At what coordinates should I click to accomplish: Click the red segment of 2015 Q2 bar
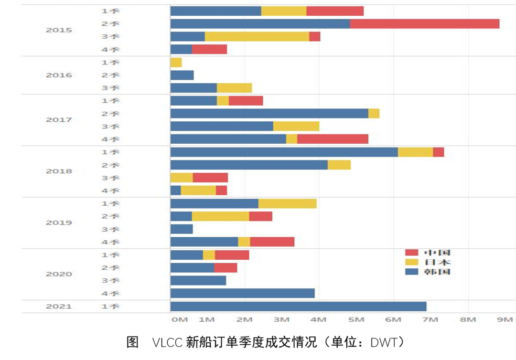pyautogui.click(x=424, y=24)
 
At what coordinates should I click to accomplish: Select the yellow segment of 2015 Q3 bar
pyautogui.click(x=257, y=37)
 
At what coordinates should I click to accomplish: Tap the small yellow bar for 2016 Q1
pyautogui.click(x=176, y=63)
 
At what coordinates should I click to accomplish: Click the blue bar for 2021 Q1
pyautogui.click(x=298, y=307)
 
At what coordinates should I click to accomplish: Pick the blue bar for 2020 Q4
pyautogui.click(x=242, y=293)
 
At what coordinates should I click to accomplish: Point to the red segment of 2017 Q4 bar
pyautogui.click(x=333, y=139)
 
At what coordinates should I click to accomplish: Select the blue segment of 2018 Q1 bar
pyautogui.click(x=284, y=152)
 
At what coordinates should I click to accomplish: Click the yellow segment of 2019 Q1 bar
pyautogui.click(x=287, y=204)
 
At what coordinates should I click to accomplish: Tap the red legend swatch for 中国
pyautogui.click(x=411, y=253)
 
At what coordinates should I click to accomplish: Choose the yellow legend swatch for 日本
pyautogui.click(x=411, y=262)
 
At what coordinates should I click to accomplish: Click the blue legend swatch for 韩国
pyautogui.click(x=411, y=272)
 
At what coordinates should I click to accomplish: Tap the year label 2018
pyautogui.click(x=59, y=171)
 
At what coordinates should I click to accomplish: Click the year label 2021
pyautogui.click(x=59, y=307)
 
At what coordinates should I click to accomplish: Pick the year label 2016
pyautogui.click(x=59, y=75)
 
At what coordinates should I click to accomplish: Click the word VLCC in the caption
pyautogui.click(x=167, y=342)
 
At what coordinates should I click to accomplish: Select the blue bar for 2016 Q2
pyautogui.click(x=182, y=75)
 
